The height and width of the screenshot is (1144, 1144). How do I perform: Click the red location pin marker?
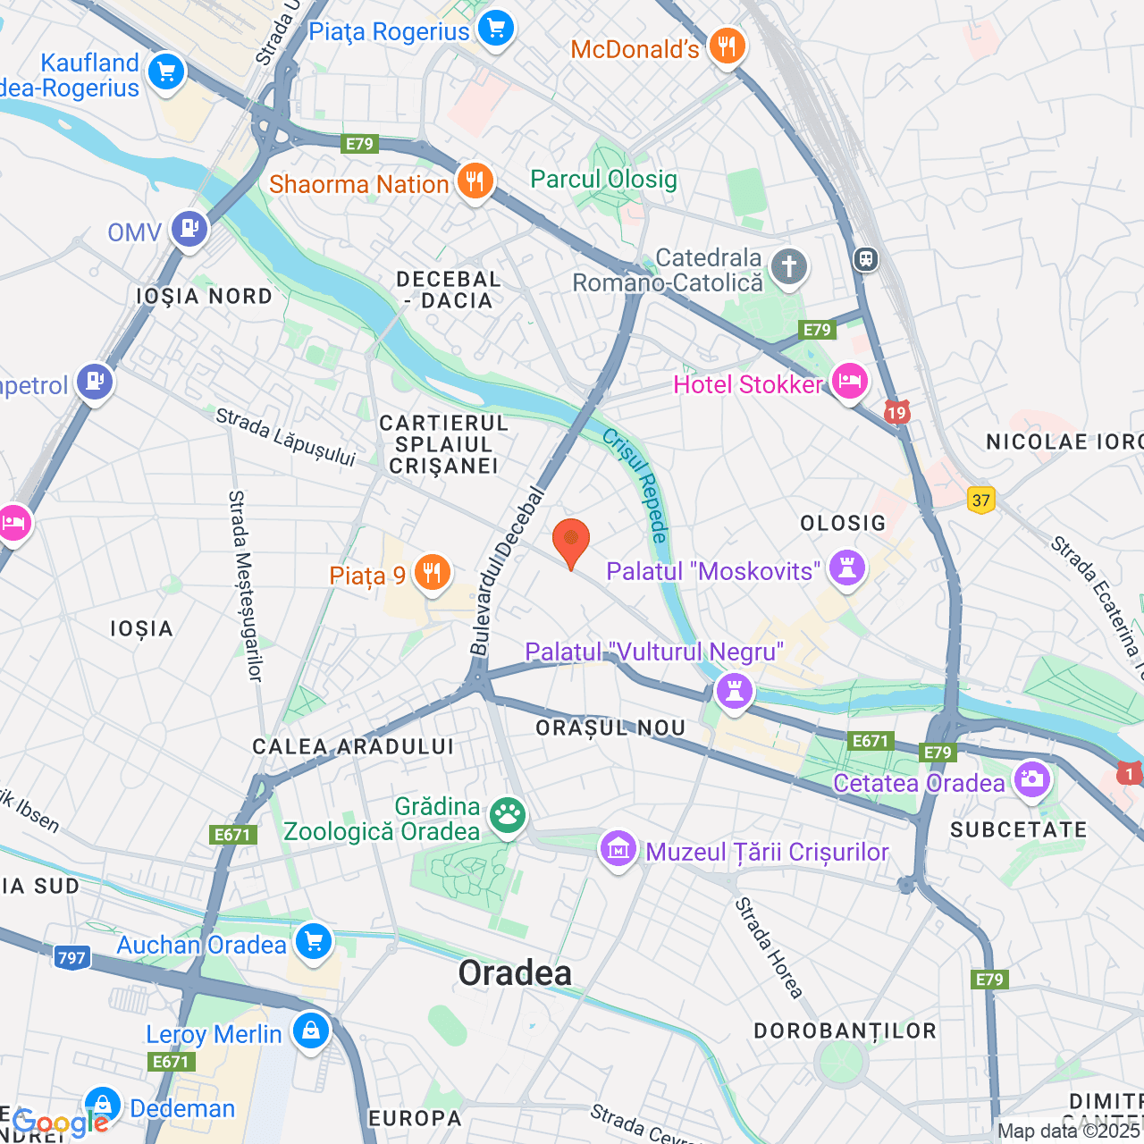pos(570,542)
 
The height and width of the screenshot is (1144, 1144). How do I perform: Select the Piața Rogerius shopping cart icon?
pos(495,29)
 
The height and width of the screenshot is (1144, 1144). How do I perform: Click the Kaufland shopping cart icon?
pos(166,72)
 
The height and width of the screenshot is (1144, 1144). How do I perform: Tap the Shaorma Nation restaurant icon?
pos(475,181)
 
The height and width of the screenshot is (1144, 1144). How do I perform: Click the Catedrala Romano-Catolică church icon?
pos(788,266)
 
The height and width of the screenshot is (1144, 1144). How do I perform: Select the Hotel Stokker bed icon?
pos(848,383)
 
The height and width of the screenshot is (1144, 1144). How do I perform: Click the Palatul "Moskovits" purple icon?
pos(846,568)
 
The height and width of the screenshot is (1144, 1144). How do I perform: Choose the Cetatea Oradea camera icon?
pos(1032,779)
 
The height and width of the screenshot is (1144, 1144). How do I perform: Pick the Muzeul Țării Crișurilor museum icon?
pos(618,849)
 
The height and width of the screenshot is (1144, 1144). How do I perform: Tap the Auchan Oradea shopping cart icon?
pos(313,942)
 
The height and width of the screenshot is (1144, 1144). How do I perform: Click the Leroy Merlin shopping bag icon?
pos(310,1031)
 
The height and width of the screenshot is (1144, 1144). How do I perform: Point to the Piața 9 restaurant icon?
pos(433,573)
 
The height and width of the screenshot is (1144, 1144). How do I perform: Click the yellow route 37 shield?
pos(981,500)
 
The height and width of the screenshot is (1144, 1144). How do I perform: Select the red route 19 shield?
pos(896,412)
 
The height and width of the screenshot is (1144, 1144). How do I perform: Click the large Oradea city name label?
pos(515,973)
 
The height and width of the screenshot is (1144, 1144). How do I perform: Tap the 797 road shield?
pos(71,958)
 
